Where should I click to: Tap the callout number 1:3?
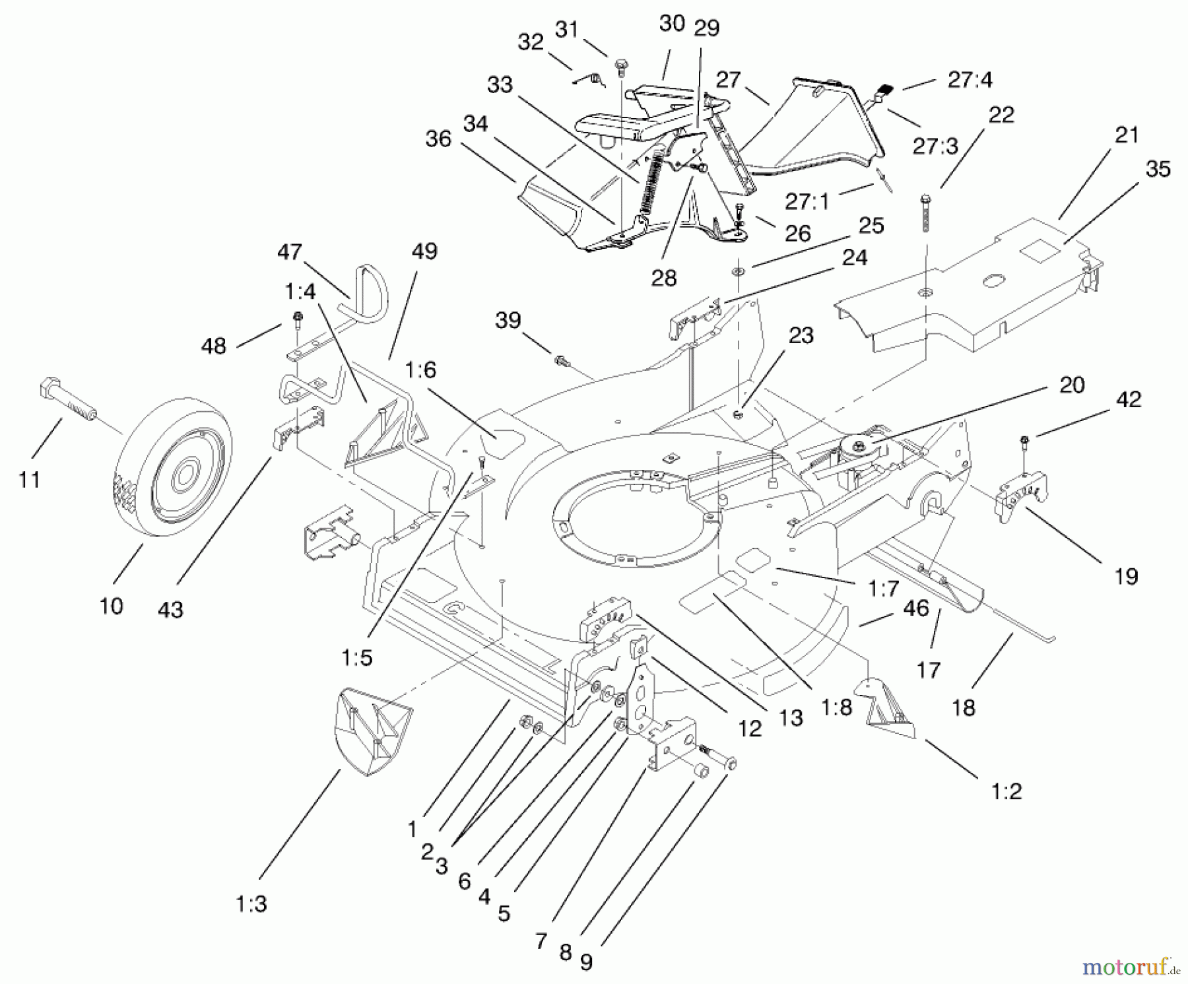(251, 903)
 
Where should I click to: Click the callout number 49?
(424, 251)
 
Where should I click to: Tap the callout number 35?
(1158, 169)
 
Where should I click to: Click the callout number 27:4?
(970, 80)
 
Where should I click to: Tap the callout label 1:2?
(1006, 791)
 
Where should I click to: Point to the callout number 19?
(1126, 576)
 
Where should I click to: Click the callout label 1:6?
(421, 370)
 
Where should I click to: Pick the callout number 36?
(438, 139)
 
